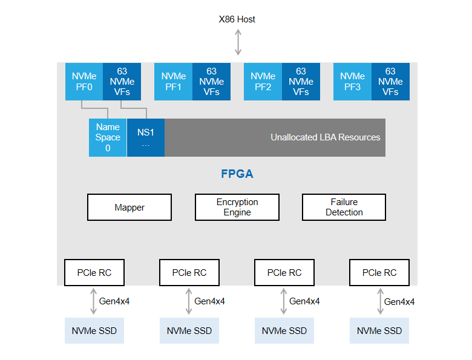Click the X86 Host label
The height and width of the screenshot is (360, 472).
(x=237, y=19)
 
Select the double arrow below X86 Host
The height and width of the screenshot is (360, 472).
(x=238, y=42)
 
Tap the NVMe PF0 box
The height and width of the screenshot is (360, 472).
(x=84, y=82)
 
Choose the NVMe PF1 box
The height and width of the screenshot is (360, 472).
(x=174, y=82)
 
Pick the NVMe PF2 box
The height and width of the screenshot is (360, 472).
(x=263, y=82)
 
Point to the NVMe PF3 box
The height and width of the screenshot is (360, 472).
(x=352, y=82)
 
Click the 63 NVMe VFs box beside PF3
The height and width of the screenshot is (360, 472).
(x=390, y=82)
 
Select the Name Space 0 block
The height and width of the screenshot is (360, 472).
(x=108, y=137)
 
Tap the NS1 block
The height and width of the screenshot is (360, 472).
(x=146, y=137)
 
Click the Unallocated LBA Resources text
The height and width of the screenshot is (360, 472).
(x=326, y=137)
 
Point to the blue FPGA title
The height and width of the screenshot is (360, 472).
(x=237, y=174)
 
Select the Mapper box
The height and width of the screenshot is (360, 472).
(x=129, y=208)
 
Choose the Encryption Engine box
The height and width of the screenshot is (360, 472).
(x=237, y=208)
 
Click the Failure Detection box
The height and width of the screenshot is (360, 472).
(x=344, y=208)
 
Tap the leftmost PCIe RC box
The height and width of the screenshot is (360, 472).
(x=94, y=273)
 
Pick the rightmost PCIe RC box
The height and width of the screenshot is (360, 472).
(x=379, y=273)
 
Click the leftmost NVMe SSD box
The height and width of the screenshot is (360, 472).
(x=94, y=331)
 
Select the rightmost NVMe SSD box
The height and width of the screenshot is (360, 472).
(x=379, y=331)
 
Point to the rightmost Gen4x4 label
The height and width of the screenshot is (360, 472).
(x=399, y=302)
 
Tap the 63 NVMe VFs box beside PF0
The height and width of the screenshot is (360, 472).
(x=122, y=82)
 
